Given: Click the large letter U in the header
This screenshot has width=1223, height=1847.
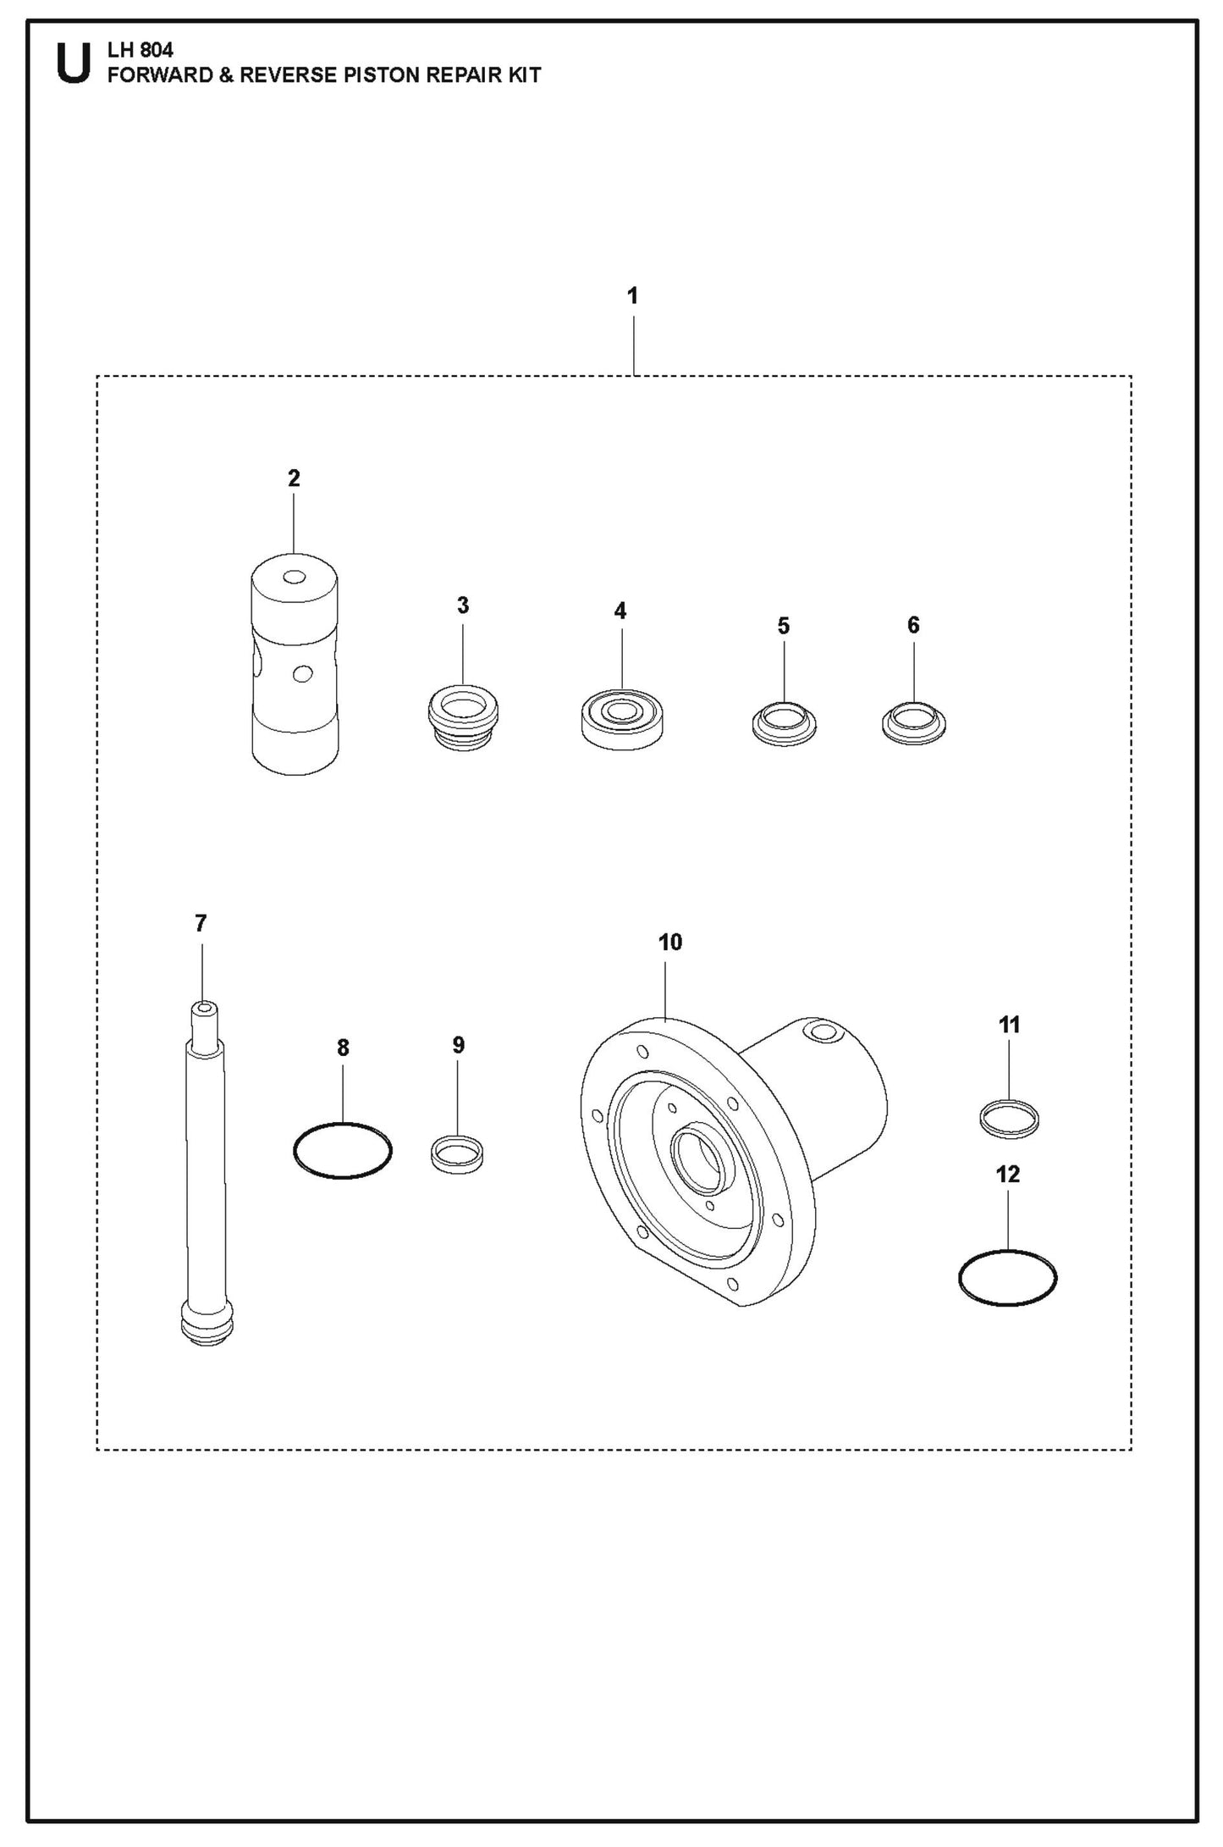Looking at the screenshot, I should point(73,64).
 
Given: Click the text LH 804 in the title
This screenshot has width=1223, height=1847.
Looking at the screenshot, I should point(140,52).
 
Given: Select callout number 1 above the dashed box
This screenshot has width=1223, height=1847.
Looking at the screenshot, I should point(632,296).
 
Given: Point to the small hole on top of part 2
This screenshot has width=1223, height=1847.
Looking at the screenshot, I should point(295,577).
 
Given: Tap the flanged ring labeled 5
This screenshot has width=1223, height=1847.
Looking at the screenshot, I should point(784,725).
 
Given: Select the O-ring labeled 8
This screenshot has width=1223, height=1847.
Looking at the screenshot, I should point(342,1150).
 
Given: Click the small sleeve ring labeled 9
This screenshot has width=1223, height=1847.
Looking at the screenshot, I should point(457,1154).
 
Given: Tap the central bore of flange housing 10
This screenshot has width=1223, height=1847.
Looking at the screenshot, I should point(697,1157).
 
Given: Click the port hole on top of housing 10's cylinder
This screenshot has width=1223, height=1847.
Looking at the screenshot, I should point(820,1031).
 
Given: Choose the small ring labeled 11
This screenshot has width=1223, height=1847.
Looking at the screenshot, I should point(1009,1119).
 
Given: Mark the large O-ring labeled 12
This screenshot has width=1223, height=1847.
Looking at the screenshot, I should point(1007,1276).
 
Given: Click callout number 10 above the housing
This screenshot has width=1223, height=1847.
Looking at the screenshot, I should point(669,942).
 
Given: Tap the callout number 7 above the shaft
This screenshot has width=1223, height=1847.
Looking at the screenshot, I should point(201,923).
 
